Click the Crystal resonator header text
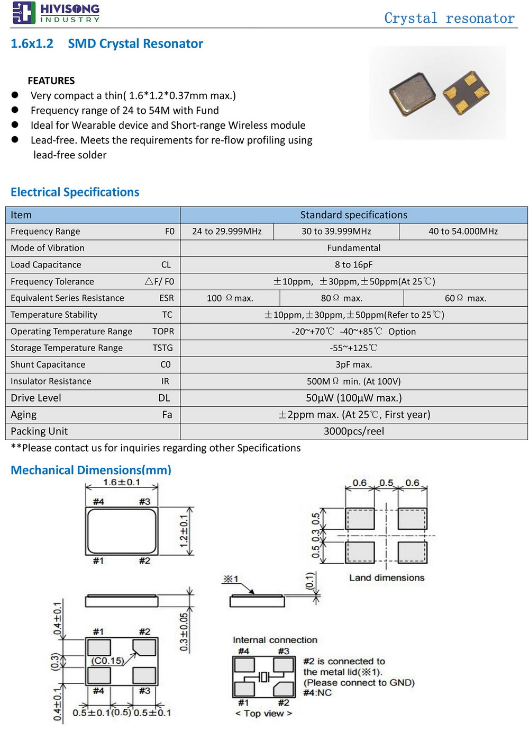point(449,19)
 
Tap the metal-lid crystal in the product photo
point(412,94)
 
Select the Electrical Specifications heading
point(75,192)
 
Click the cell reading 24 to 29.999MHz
point(227,232)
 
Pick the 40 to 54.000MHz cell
point(463,232)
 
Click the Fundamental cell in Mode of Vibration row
point(353,248)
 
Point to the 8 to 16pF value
point(353,265)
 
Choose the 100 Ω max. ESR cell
point(230,298)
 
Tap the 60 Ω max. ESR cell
point(465,298)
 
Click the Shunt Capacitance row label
point(48,364)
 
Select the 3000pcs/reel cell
point(353,431)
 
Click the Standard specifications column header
point(353,215)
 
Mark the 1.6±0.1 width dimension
point(122,483)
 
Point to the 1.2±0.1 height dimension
point(184,531)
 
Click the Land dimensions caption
point(387,578)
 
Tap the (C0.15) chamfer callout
point(107,661)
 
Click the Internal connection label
point(275,640)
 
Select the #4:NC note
point(317,693)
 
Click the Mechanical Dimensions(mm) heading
point(91,470)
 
